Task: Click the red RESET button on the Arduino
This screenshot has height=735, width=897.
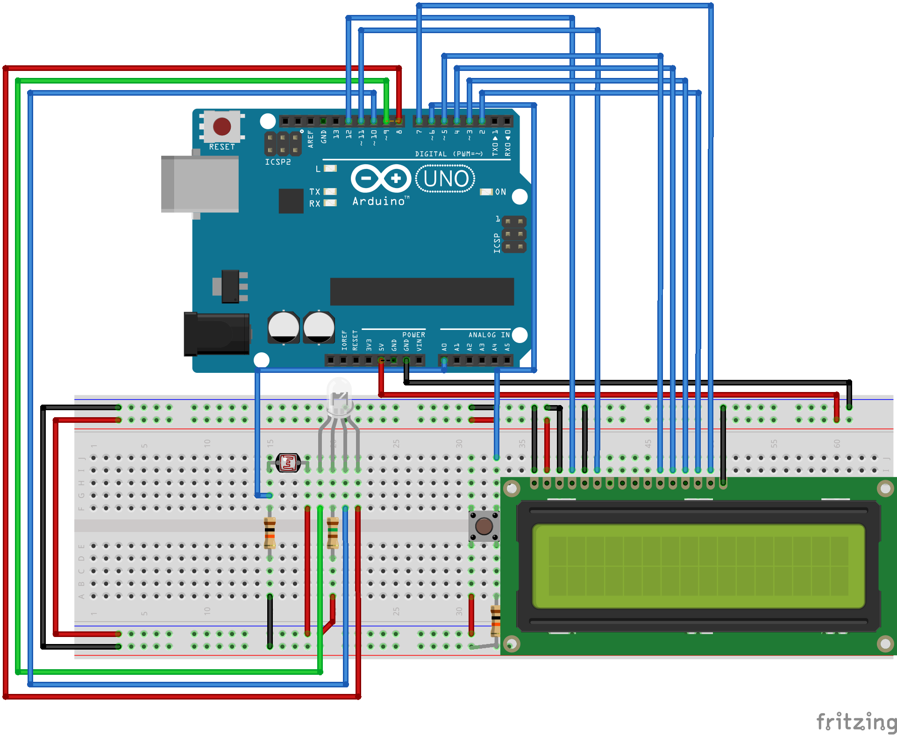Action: (222, 126)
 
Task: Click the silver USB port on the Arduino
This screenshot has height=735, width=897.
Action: (200, 184)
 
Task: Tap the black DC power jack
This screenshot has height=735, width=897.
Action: (216, 334)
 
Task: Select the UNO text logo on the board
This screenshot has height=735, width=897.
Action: (446, 179)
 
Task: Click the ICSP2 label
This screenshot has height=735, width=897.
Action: (278, 162)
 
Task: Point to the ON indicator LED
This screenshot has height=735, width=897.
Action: (486, 192)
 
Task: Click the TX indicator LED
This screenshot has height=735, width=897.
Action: (330, 191)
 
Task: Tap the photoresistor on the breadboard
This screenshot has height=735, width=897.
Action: (288, 463)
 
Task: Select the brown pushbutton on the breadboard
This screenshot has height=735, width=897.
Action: (484, 526)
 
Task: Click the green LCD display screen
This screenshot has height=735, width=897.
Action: (698, 566)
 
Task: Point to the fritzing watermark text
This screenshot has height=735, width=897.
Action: (856, 722)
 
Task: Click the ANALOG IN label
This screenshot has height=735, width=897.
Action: (489, 335)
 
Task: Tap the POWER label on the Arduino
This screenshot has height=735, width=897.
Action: (413, 335)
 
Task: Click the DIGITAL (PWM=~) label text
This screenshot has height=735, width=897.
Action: (448, 154)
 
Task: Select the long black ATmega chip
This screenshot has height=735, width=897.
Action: (422, 292)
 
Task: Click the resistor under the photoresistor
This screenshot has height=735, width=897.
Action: (270, 533)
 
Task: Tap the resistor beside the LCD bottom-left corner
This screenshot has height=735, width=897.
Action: (495, 621)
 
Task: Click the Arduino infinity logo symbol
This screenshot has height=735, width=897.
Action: (381, 178)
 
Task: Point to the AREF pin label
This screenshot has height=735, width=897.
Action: (311, 139)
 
